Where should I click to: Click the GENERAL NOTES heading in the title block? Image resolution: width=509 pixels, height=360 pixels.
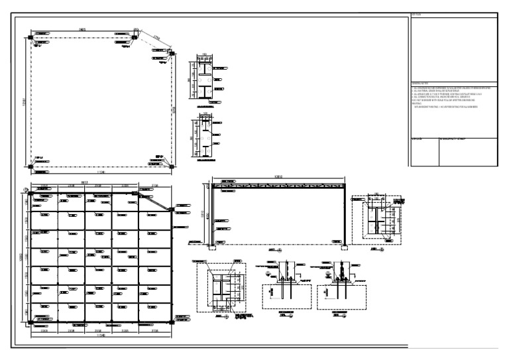tap(422, 82)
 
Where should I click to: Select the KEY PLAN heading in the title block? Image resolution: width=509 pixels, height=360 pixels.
tap(417, 15)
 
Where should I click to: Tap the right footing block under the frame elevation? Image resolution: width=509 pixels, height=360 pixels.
tap(345, 250)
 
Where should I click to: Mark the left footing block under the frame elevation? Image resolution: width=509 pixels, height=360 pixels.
tap(211, 250)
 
